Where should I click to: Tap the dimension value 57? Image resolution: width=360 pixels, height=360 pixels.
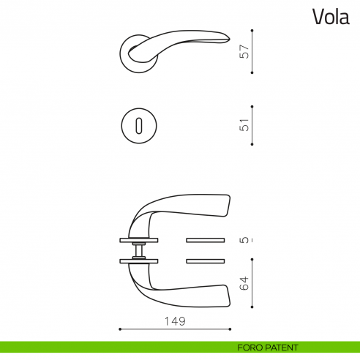pyautogui.click(x=245, y=52)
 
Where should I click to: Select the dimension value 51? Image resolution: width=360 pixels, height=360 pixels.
pyautogui.click(x=245, y=125)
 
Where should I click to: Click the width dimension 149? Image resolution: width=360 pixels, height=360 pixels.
pyautogui.click(x=174, y=321)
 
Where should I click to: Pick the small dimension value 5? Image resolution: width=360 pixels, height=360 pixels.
pyautogui.click(x=245, y=239)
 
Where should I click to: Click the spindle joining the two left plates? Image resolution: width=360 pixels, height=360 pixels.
pyautogui.click(x=138, y=250)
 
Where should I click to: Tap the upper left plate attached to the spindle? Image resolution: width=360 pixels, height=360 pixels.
pyautogui.click(x=138, y=239)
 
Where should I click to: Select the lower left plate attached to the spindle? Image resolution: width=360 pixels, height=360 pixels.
pyautogui.click(x=138, y=260)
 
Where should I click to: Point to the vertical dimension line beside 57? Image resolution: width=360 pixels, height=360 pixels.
pyautogui.click(x=252, y=52)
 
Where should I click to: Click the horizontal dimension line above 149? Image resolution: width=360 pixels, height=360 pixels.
pyautogui.click(x=174, y=329)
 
